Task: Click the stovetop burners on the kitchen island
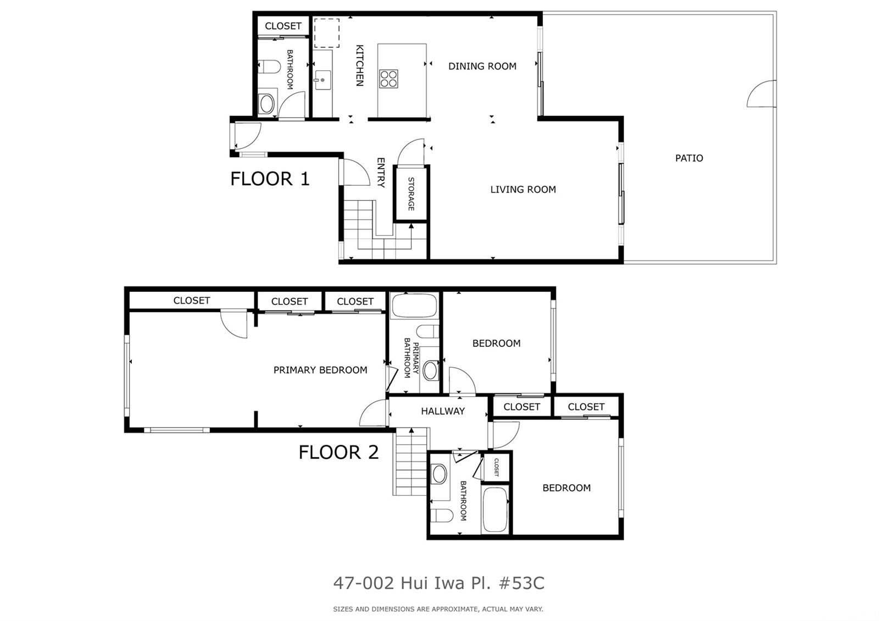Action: [x=388, y=79]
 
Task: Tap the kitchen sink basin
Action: [x=322, y=80]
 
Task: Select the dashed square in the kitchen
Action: [x=326, y=33]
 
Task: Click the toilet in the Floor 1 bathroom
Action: [x=269, y=66]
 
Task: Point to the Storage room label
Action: [x=411, y=194]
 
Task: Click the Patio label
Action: [x=689, y=158]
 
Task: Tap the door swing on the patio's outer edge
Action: [x=761, y=94]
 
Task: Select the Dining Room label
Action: [x=482, y=66]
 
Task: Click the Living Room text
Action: [x=523, y=190]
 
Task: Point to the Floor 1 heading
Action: [x=270, y=179]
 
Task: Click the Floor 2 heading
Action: [x=338, y=452]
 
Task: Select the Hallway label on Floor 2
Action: [x=443, y=411]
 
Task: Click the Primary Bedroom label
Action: [x=320, y=370]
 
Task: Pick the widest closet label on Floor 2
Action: [x=192, y=301]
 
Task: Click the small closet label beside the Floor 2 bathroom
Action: [x=497, y=467]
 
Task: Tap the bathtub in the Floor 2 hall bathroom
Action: [x=496, y=509]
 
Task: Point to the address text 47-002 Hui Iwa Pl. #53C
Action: [x=439, y=583]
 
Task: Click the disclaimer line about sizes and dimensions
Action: [x=438, y=609]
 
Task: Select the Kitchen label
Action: [x=359, y=65]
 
